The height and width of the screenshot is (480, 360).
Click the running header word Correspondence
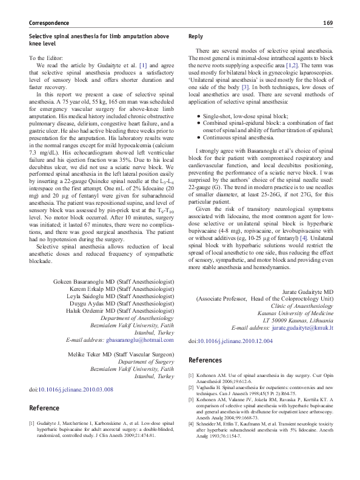(49, 23)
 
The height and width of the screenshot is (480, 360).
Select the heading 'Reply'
(196, 36)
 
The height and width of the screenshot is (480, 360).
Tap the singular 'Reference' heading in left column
(44, 408)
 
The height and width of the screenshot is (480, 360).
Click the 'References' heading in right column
(205, 360)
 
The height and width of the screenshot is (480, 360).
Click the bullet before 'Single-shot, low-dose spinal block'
(198, 115)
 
